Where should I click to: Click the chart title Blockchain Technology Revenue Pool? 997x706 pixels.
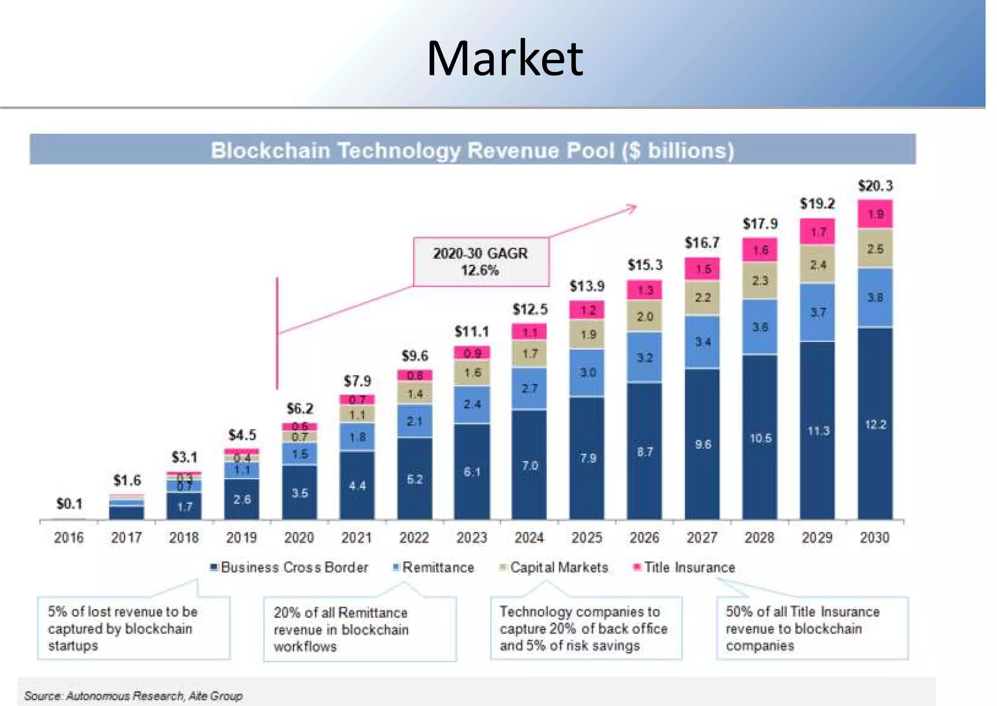click(472, 150)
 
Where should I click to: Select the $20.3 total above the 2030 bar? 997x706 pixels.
click(875, 186)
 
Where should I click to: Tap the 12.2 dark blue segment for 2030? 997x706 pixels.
click(875, 425)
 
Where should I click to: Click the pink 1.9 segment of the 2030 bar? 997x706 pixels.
click(875, 214)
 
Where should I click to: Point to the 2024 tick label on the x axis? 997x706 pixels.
click(529, 538)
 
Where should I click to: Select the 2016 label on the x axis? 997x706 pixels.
click(69, 538)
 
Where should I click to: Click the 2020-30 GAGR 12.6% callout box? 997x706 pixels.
click(480, 262)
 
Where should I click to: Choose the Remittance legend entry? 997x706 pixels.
click(433, 568)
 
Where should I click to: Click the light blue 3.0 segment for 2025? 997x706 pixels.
click(587, 372)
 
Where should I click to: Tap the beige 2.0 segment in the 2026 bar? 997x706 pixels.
click(645, 316)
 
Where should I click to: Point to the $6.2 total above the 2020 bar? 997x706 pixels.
click(300, 408)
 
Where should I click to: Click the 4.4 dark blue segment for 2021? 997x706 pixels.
click(357, 485)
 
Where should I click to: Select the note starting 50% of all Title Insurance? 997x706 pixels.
click(812, 628)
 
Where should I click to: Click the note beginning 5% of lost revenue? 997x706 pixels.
click(133, 628)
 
